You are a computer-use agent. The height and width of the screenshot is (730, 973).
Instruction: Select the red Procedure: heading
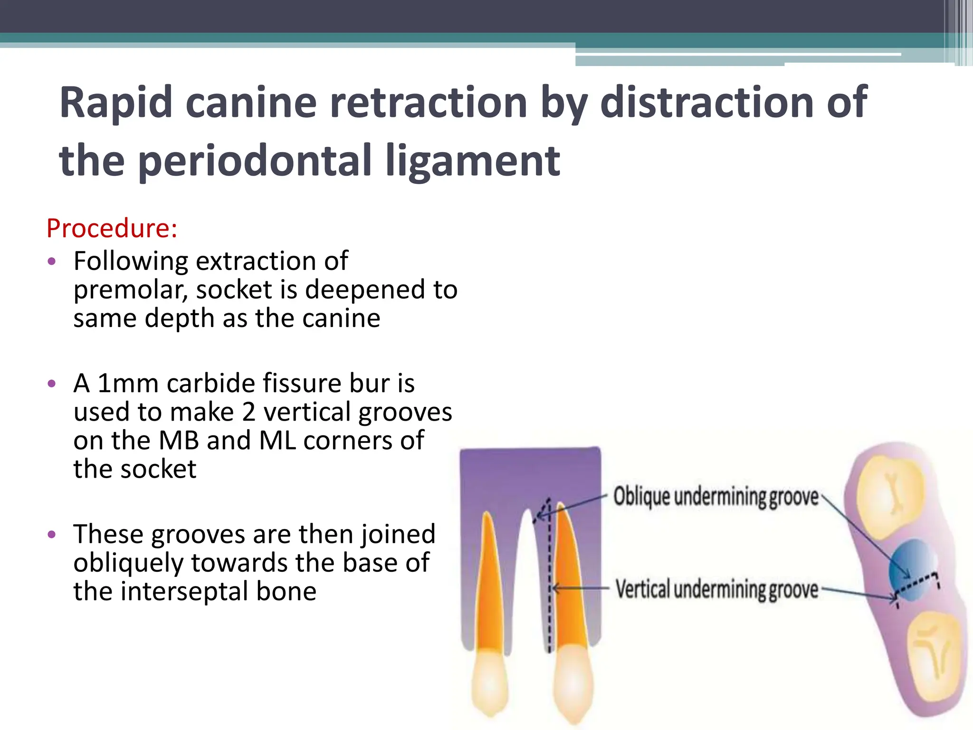112,228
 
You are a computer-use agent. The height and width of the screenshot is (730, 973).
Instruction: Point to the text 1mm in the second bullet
127,383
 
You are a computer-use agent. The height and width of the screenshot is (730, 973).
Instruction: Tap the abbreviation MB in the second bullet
179,440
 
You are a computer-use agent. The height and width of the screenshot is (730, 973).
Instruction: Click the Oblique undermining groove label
715,497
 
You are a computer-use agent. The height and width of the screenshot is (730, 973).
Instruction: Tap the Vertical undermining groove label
716,589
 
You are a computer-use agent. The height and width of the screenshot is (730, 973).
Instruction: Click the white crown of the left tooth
490,684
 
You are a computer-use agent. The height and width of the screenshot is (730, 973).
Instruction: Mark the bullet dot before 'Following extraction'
52,261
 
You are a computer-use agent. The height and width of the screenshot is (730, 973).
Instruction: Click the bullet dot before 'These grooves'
52,535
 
